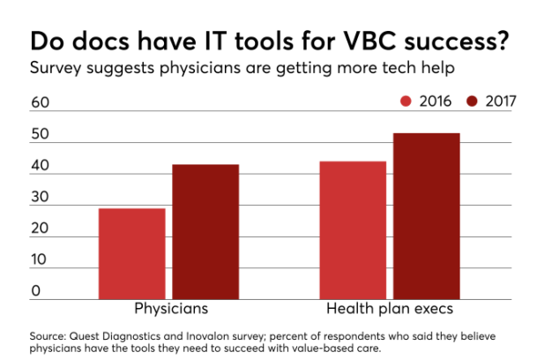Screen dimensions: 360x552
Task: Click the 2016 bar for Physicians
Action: [131, 254]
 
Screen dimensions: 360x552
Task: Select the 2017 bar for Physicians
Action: [205, 232]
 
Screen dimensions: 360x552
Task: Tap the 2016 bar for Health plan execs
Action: [353, 230]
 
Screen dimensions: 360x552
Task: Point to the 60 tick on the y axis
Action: [41, 102]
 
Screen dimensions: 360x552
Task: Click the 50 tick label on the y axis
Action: [41, 134]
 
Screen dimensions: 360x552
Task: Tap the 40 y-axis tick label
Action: [41, 166]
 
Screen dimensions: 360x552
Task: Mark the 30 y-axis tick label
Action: [41, 197]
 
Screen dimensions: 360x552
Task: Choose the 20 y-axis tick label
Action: [41, 229]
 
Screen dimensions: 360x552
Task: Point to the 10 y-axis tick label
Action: [41, 259]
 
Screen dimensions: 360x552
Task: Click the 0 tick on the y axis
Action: [36, 290]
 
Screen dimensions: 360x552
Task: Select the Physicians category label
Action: [171, 310]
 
